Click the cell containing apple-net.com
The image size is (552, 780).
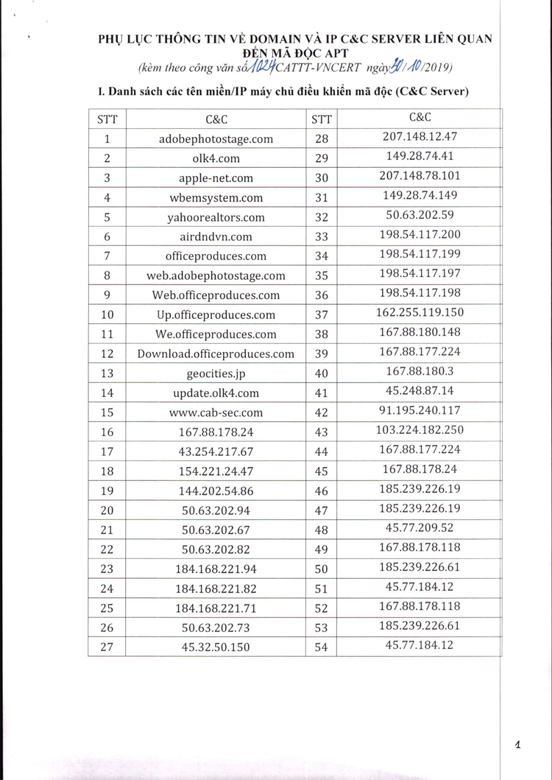(x=216, y=178)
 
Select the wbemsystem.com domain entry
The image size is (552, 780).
(x=216, y=197)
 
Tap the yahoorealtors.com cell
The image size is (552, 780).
(x=216, y=217)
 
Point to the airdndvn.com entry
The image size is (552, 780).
(x=216, y=236)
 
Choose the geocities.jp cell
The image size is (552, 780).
(x=216, y=373)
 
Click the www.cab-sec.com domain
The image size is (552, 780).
(x=216, y=412)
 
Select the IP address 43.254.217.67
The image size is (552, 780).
(x=216, y=452)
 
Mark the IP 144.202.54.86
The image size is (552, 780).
(x=216, y=491)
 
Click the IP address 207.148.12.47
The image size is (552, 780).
(x=420, y=136)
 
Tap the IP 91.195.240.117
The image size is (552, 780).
(x=420, y=410)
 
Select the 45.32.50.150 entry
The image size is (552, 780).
(x=216, y=647)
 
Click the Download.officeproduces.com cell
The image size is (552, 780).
(x=216, y=354)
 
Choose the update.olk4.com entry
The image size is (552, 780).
(x=216, y=393)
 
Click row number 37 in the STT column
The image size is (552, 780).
(x=321, y=315)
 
